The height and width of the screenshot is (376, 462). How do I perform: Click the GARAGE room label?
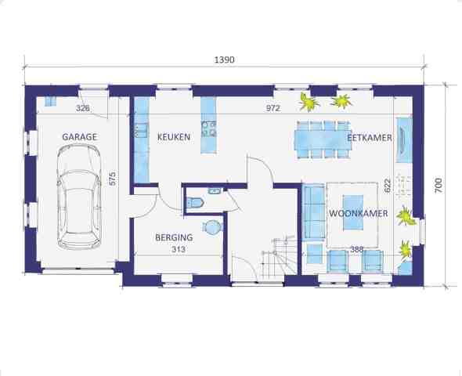(x=79, y=137)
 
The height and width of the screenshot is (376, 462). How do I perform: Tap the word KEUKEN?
(x=174, y=137)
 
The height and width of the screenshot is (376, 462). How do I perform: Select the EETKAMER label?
(x=370, y=138)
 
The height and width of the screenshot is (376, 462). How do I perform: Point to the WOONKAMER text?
(x=359, y=213)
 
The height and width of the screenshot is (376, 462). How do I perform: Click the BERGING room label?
(x=174, y=237)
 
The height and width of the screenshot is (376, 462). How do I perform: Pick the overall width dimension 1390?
(x=224, y=60)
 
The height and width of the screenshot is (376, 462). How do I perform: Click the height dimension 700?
(x=439, y=186)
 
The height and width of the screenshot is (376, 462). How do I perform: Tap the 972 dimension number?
(x=273, y=108)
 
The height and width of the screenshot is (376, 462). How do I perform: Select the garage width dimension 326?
(x=83, y=108)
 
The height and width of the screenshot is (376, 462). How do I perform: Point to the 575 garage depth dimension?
(x=113, y=179)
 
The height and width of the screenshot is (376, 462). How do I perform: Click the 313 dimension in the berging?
(x=179, y=249)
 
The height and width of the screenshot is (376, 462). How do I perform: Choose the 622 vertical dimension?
(x=388, y=186)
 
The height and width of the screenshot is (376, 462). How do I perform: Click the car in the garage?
(x=79, y=197)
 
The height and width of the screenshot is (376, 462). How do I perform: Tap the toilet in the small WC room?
(x=195, y=203)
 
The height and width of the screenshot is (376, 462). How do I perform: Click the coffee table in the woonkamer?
(x=353, y=212)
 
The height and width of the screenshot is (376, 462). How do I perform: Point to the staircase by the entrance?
(x=279, y=258)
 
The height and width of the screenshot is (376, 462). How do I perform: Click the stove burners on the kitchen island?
(x=209, y=129)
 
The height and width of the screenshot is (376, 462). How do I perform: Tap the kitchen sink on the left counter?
(x=142, y=131)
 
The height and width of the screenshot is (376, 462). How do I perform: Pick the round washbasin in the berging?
(x=212, y=227)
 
